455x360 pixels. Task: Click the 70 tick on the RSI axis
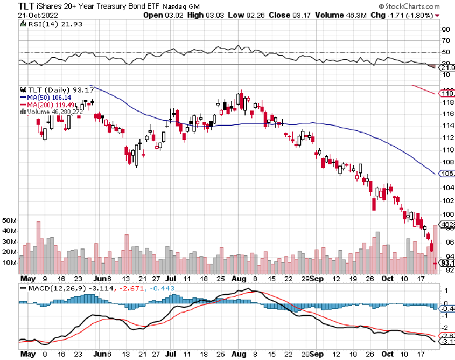[x=446, y=40]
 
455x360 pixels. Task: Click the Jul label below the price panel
[x=170, y=280]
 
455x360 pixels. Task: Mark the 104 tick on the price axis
[x=447, y=188]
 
